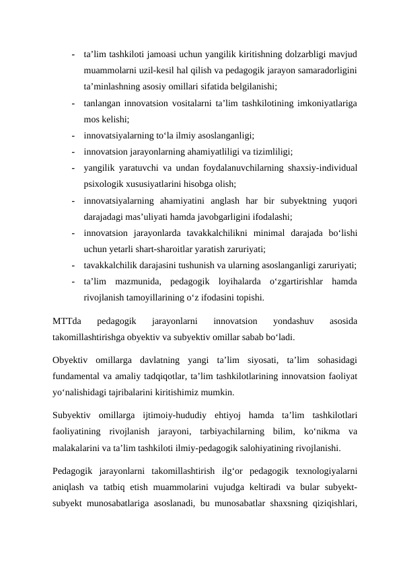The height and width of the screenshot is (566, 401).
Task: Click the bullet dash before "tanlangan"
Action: tap(71, 104)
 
